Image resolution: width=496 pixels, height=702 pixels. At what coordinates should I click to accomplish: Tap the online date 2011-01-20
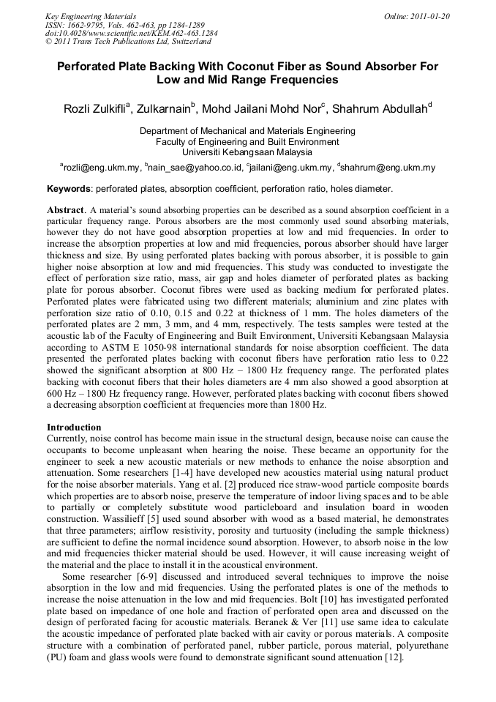427,15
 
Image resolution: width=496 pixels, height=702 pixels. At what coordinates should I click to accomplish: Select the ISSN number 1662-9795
85,24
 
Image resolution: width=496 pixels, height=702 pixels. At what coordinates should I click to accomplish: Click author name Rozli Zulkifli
96,110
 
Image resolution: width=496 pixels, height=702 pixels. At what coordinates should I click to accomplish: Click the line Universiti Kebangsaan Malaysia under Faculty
247,152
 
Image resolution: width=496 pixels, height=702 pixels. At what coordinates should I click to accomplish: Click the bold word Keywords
68,189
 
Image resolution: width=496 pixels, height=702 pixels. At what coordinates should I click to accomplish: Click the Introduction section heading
74,427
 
